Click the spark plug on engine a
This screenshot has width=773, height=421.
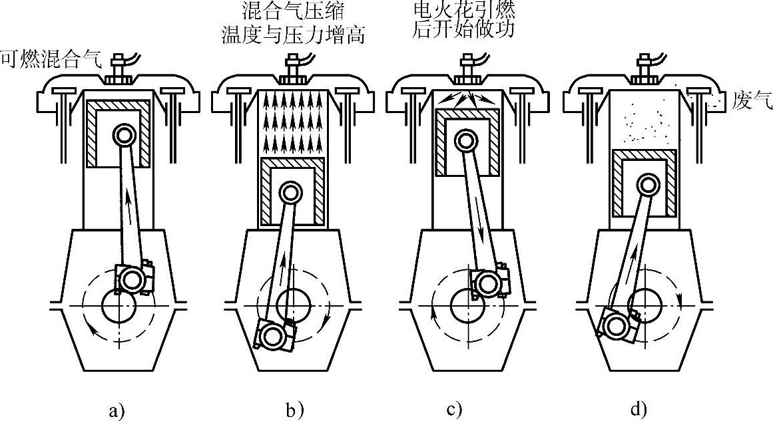(119, 69)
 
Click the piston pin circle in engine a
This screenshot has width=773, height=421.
(123, 134)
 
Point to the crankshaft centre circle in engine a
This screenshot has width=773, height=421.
(119, 306)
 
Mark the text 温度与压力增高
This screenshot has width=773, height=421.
(294, 35)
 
